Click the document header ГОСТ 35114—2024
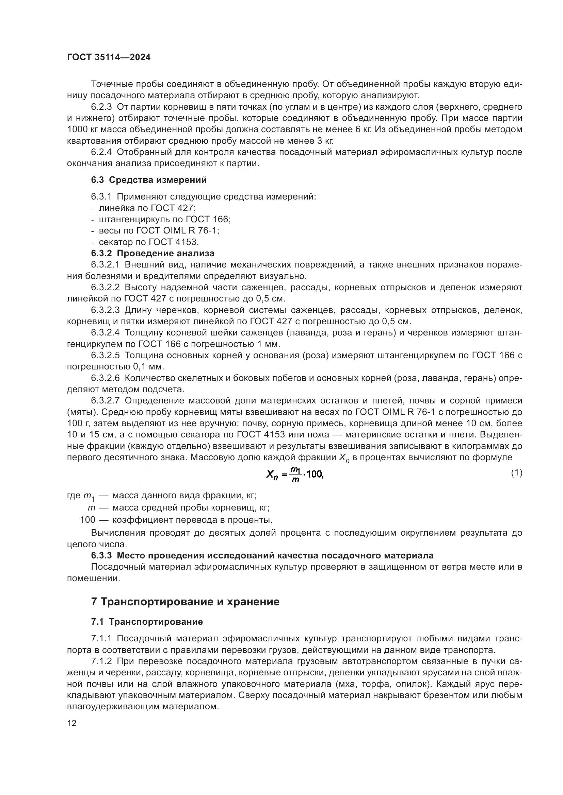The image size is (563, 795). (109, 57)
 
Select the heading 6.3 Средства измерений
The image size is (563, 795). (149, 180)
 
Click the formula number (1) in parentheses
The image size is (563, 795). (516, 473)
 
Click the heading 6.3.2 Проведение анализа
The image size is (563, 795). (153, 254)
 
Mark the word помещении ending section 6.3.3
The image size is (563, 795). (93, 578)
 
